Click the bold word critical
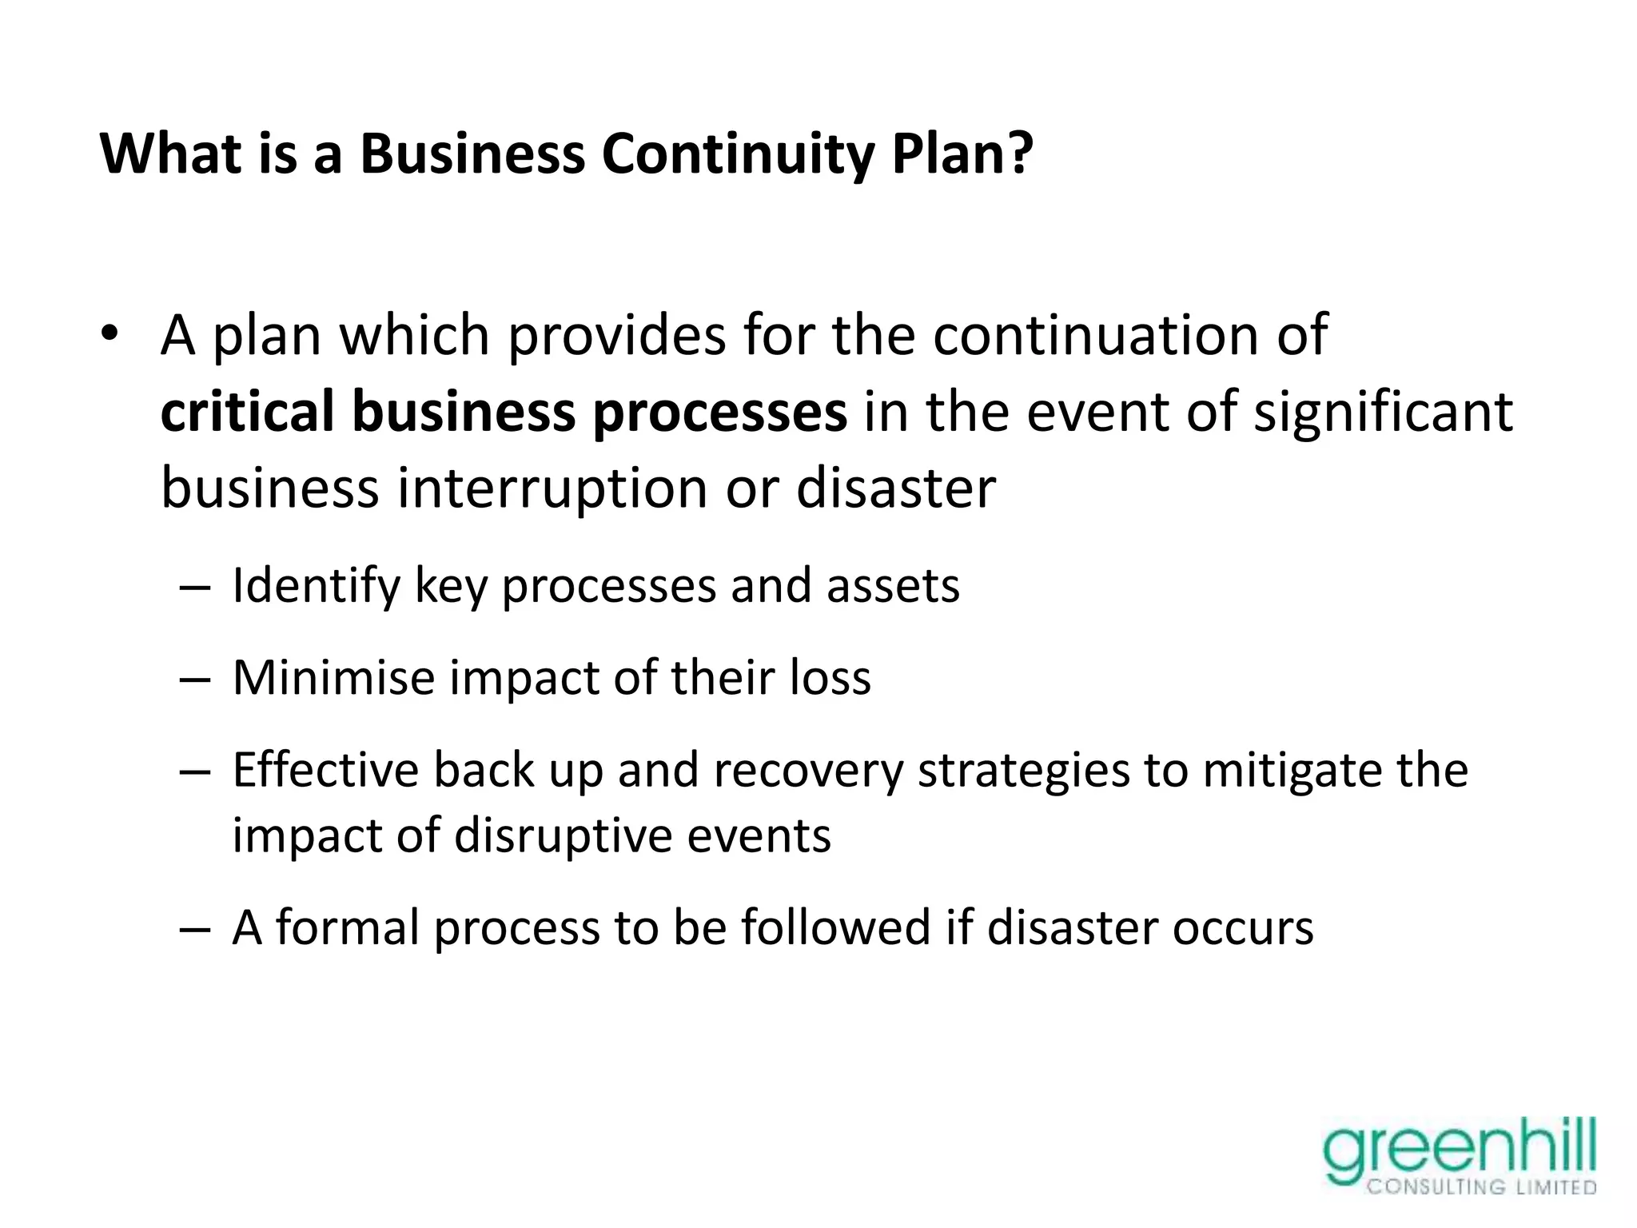click(x=247, y=411)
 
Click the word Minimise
click(x=333, y=678)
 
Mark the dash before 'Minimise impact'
click(x=195, y=680)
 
